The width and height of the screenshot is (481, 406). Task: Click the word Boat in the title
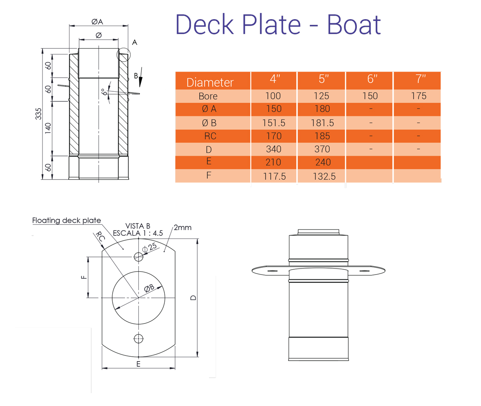pyautogui.click(x=354, y=24)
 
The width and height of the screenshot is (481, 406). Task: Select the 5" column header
pyautogui.click(x=323, y=79)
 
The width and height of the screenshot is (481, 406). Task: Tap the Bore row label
pyautogui.click(x=208, y=96)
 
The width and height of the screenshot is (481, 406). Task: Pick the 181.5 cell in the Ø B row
pyautogui.click(x=322, y=123)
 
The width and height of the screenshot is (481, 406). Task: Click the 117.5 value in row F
pyautogui.click(x=274, y=176)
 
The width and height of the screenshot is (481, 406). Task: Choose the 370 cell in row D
pyautogui.click(x=322, y=149)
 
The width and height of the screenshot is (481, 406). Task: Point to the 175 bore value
pyautogui.click(x=418, y=96)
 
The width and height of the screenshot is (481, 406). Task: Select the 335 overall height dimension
pyautogui.click(x=38, y=114)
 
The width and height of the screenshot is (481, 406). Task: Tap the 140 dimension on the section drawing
pyautogui.click(x=48, y=128)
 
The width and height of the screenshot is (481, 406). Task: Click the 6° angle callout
pyautogui.click(x=104, y=92)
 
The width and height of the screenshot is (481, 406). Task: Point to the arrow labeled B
pyautogui.click(x=140, y=80)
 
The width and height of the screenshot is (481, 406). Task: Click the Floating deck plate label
pyautogui.click(x=67, y=220)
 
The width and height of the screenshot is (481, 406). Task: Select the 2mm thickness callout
pyautogui.click(x=182, y=228)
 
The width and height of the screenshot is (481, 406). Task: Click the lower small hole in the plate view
pyautogui.click(x=138, y=338)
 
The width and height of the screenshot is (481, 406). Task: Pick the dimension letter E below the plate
pyautogui.click(x=138, y=364)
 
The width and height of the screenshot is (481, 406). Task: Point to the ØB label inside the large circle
pyautogui.click(x=149, y=288)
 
